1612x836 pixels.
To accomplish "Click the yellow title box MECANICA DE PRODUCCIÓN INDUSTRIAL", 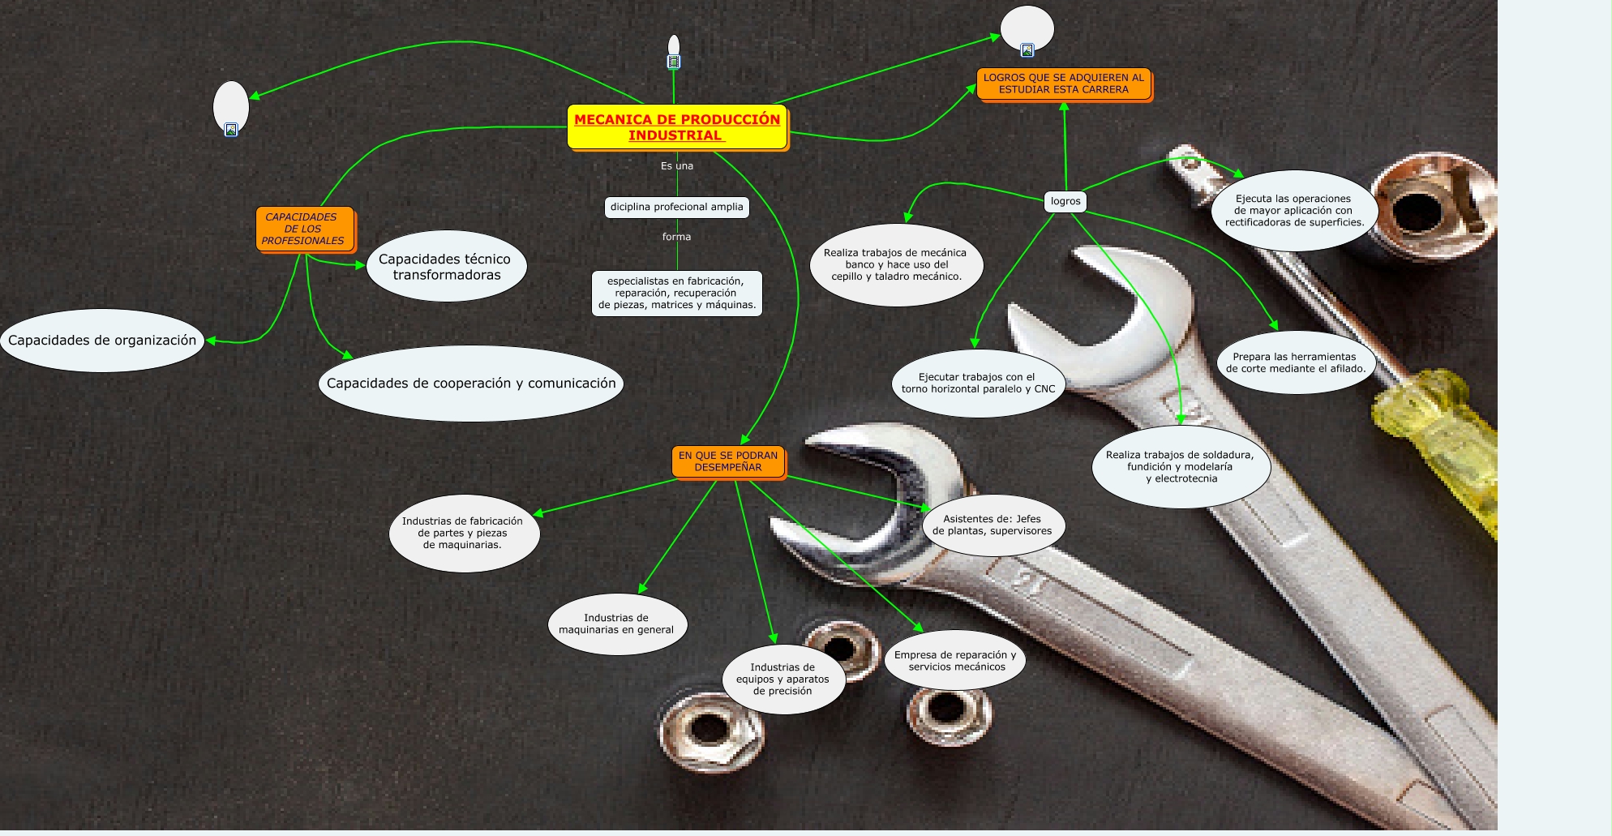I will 677,127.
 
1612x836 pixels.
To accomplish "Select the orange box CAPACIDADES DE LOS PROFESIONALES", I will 304,229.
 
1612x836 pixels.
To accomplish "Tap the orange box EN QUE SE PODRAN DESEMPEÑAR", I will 727,461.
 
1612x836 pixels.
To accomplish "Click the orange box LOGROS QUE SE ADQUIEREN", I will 1063,84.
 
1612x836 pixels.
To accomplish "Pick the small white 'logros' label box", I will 1065,201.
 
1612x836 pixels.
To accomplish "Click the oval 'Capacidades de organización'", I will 102,341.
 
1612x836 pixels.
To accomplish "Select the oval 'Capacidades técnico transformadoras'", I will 446,267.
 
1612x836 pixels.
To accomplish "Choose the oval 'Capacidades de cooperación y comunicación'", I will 471,384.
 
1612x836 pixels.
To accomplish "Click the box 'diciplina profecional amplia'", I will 676,207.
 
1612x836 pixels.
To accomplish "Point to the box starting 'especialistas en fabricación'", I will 676,293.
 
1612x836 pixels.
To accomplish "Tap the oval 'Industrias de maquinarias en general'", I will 616,624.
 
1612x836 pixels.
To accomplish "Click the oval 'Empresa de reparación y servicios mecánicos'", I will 955,661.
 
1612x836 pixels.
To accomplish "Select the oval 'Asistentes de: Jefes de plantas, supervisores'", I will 992,525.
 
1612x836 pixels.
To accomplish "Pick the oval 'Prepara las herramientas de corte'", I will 1295,362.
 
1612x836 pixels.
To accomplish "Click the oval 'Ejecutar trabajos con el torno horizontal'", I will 978,383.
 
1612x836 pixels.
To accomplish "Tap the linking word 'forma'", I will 676,237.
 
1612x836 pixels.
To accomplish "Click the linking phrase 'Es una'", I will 677,166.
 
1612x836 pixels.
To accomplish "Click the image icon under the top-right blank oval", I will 1027,50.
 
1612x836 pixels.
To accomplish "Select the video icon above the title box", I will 673,62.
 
